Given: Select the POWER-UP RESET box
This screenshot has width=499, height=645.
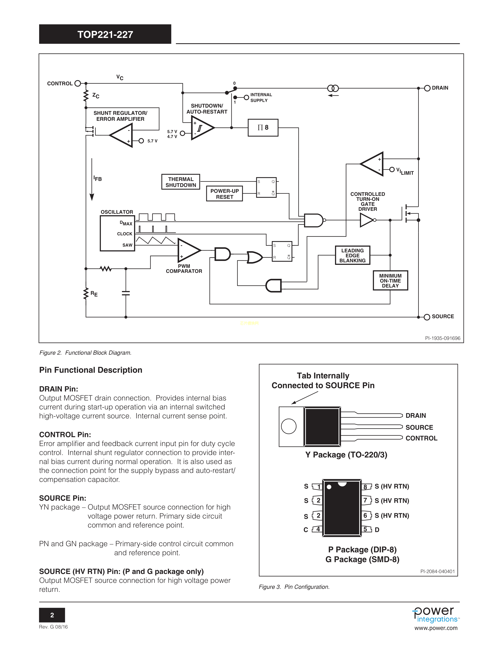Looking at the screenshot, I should click(224, 194).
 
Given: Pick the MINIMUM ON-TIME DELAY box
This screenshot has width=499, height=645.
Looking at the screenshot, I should click(390, 280).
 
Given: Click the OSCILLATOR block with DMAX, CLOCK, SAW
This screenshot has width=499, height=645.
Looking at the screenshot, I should click(117, 233).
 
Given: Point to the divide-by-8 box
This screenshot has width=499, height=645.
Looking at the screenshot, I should click(263, 128).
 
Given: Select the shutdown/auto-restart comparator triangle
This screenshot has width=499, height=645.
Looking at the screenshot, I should click(201, 128).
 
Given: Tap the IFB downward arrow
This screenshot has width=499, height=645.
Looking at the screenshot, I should click(92, 180).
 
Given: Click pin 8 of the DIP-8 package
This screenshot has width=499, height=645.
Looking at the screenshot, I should click(366, 487).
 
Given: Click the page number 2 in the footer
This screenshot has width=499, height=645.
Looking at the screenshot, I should click(52, 615).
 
